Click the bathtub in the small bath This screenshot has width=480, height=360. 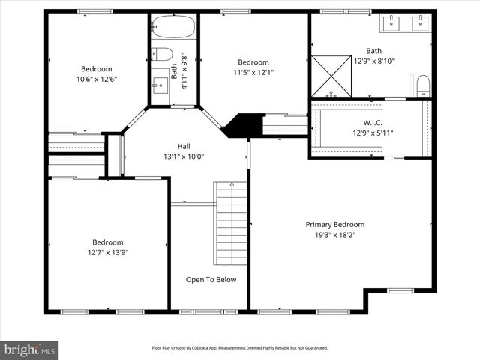tap(173, 28)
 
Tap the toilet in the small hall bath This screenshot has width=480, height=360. tap(162, 54)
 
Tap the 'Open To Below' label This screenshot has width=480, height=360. tap(211, 280)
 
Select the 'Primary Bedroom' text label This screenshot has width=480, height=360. tap(334, 224)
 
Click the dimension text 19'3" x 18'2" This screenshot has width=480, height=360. tap(334, 235)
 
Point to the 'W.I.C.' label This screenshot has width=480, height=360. tap(373, 122)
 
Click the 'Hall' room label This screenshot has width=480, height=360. tap(184, 146)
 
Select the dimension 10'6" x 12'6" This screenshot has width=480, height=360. tap(97, 79)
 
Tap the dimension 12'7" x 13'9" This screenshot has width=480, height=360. tap(107, 253)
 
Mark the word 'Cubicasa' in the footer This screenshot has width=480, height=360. tap(201, 348)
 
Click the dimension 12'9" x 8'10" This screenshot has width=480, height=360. tap(373, 62)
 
